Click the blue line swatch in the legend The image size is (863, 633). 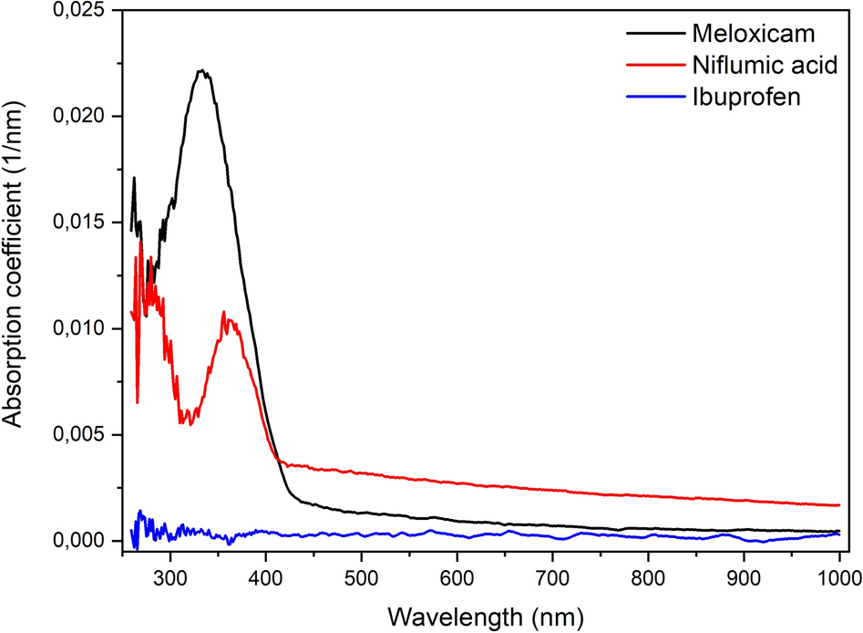pos(655,97)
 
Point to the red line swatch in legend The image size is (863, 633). pos(655,66)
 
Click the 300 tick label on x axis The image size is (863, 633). pos(170,576)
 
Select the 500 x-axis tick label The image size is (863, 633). pos(361,576)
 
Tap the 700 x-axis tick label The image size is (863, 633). pos(552,576)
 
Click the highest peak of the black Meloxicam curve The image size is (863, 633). pos(203,70)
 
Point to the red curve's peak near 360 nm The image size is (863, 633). pos(225,312)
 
